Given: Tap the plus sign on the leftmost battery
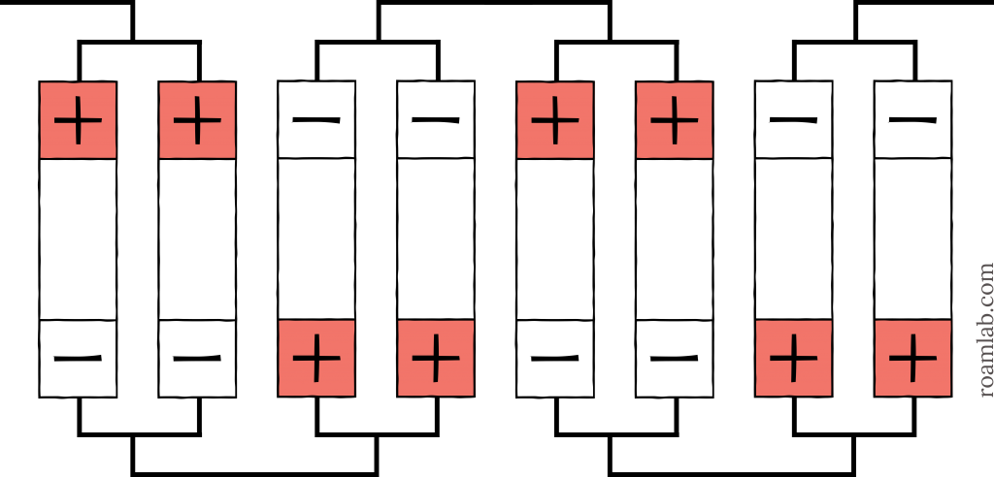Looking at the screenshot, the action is click(78, 119).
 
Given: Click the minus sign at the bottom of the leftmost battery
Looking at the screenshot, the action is click(78, 359).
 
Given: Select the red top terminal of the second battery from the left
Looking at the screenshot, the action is click(197, 119).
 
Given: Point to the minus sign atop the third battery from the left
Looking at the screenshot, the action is click(316, 119).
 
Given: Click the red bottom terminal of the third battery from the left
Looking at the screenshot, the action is click(316, 359).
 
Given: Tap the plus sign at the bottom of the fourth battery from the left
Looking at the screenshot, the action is click(436, 359).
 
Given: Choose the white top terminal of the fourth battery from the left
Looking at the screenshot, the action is click(436, 119).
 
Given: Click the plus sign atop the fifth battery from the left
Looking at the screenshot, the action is click(555, 119).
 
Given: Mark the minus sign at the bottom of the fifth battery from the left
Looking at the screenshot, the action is click(555, 359).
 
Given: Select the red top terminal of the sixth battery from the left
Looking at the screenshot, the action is click(675, 119).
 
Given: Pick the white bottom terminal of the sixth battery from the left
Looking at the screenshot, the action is click(675, 359).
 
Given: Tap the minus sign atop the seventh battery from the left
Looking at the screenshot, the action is click(794, 119).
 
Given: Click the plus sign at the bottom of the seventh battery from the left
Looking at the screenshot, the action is click(794, 359).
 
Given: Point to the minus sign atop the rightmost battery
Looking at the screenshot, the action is click(912, 119).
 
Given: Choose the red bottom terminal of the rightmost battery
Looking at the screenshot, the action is click(912, 359).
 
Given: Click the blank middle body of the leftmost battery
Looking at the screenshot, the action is click(78, 238).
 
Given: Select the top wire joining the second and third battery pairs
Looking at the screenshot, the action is click(494, 3).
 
